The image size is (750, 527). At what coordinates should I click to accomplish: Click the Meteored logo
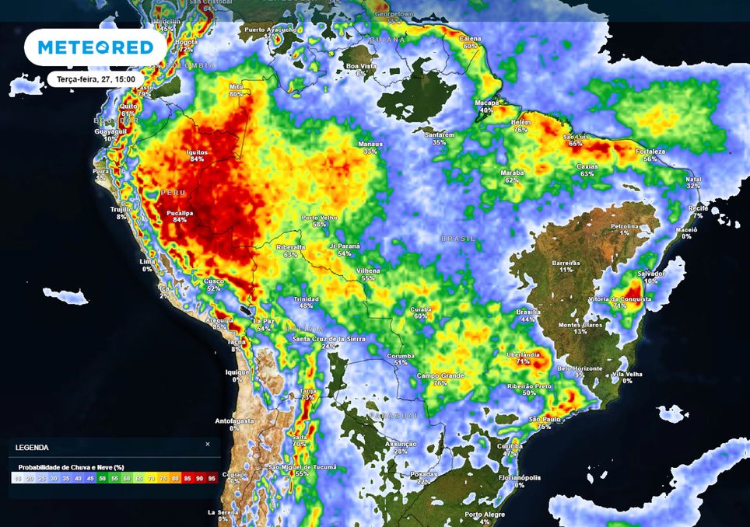pyautogui.click(x=96, y=48)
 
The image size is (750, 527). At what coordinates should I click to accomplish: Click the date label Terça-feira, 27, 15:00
pyautogui.click(x=90, y=79)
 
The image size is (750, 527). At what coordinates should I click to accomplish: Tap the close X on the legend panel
pyautogui.click(x=208, y=445)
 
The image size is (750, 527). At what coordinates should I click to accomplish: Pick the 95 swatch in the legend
pyautogui.click(x=212, y=478)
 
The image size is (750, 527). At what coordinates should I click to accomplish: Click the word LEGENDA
pyautogui.click(x=31, y=448)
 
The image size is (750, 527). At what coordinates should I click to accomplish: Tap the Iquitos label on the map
pyautogui.click(x=196, y=153)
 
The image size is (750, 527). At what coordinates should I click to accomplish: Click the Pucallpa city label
pyautogui.click(x=180, y=212)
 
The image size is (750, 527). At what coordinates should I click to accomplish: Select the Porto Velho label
pyautogui.click(x=319, y=218)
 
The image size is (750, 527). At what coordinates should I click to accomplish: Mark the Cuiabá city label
pyautogui.click(x=421, y=309)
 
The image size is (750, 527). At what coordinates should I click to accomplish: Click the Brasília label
pyautogui.click(x=527, y=312)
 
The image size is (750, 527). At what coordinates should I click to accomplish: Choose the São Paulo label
pyautogui.click(x=544, y=420)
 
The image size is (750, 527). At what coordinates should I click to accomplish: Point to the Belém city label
pyautogui.click(x=520, y=123)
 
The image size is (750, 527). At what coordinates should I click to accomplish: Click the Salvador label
pyautogui.click(x=651, y=274)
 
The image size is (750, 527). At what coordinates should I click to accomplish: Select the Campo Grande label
pyautogui.click(x=440, y=376)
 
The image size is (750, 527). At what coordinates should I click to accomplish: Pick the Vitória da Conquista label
pyautogui.click(x=619, y=299)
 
